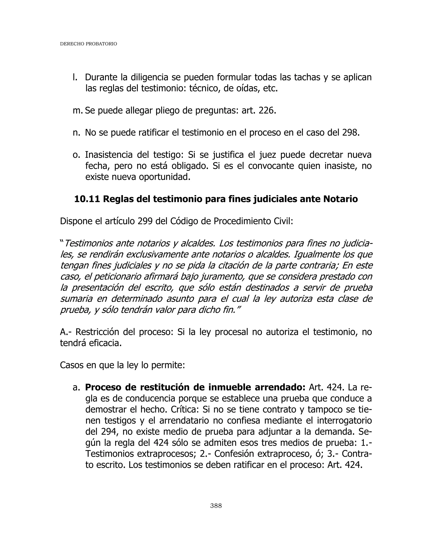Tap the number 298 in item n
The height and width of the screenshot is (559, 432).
pos(349,133)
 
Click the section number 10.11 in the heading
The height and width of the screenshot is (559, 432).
pos(87,199)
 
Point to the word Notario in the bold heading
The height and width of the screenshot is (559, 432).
pos(340,199)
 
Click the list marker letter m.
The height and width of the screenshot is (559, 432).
pos(77,111)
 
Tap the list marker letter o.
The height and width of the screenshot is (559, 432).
pos(76,155)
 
